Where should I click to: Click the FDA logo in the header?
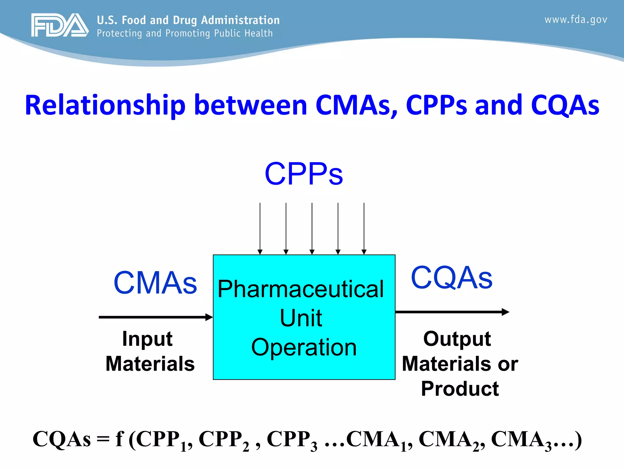60,25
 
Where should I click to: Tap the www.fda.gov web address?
576,20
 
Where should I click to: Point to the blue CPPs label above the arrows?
304,174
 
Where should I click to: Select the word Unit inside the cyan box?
301,318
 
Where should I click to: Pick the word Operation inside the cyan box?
304,347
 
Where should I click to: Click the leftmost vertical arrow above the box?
260,229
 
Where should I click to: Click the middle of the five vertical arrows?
312,229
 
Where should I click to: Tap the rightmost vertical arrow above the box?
364,229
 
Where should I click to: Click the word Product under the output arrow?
460,389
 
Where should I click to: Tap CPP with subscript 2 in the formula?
224,440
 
